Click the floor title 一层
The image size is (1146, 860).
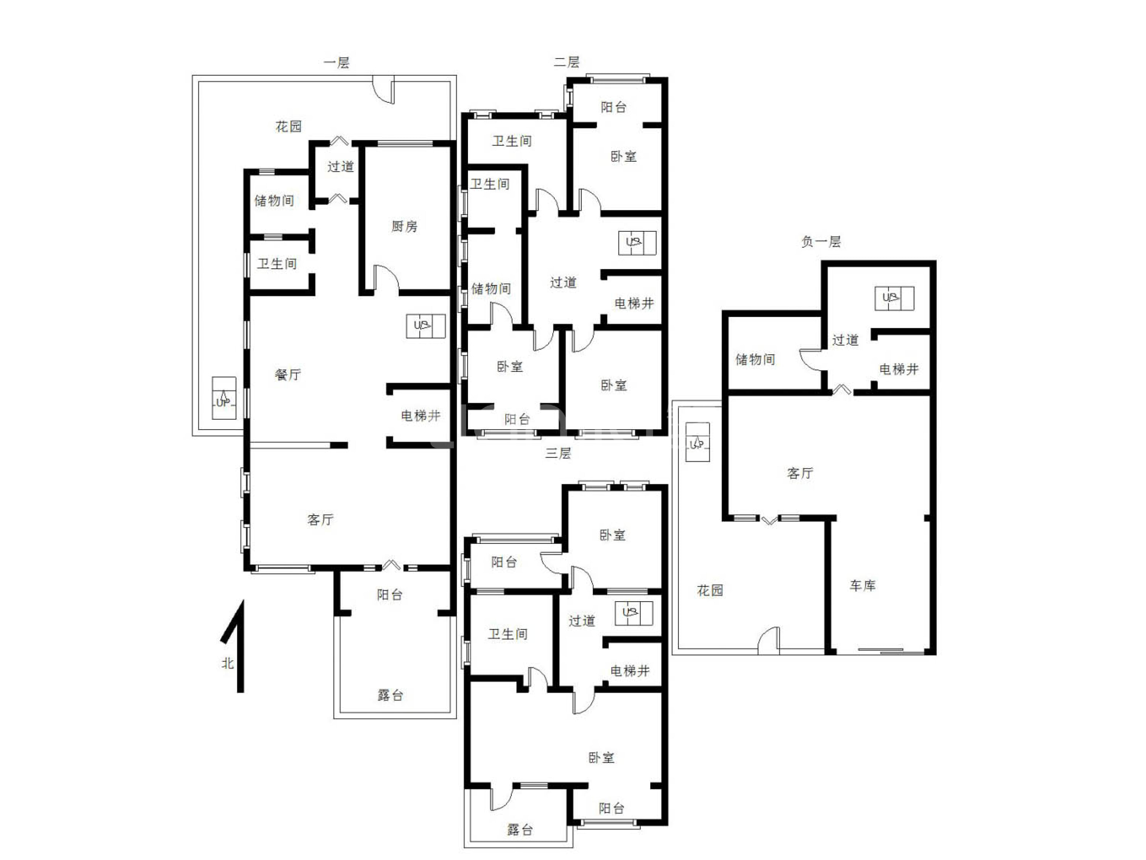pyautogui.click(x=337, y=63)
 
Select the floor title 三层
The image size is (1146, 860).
pyautogui.click(x=558, y=453)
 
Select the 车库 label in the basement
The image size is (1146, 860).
pyautogui.click(x=863, y=586)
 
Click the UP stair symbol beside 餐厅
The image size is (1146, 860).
pyautogui.click(x=425, y=326)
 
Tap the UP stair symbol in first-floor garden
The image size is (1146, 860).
pyautogui.click(x=224, y=398)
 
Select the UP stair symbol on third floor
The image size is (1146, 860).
pyautogui.click(x=634, y=613)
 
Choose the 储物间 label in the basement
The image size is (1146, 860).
pyautogui.click(x=755, y=359)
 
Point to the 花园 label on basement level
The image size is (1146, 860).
pyautogui.click(x=710, y=590)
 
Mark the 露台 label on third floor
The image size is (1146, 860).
pyautogui.click(x=520, y=830)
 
